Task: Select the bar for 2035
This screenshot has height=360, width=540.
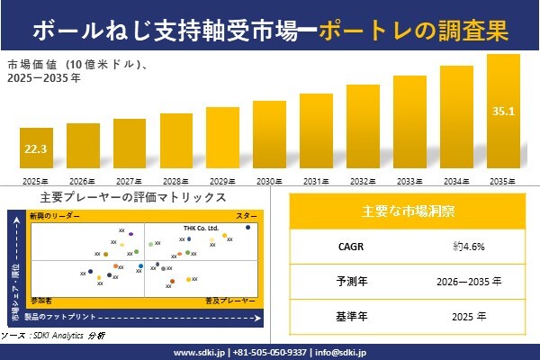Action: [503, 112]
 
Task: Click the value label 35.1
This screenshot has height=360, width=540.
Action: [503, 112]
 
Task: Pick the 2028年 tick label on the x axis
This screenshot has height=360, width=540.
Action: [176, 180]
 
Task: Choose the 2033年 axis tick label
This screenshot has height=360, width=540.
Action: [409, 180]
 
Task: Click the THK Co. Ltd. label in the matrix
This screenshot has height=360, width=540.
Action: [201, 229]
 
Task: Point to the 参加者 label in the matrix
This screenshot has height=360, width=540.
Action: [41, 298]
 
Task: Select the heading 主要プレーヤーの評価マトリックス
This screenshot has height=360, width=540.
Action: [133, 197]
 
